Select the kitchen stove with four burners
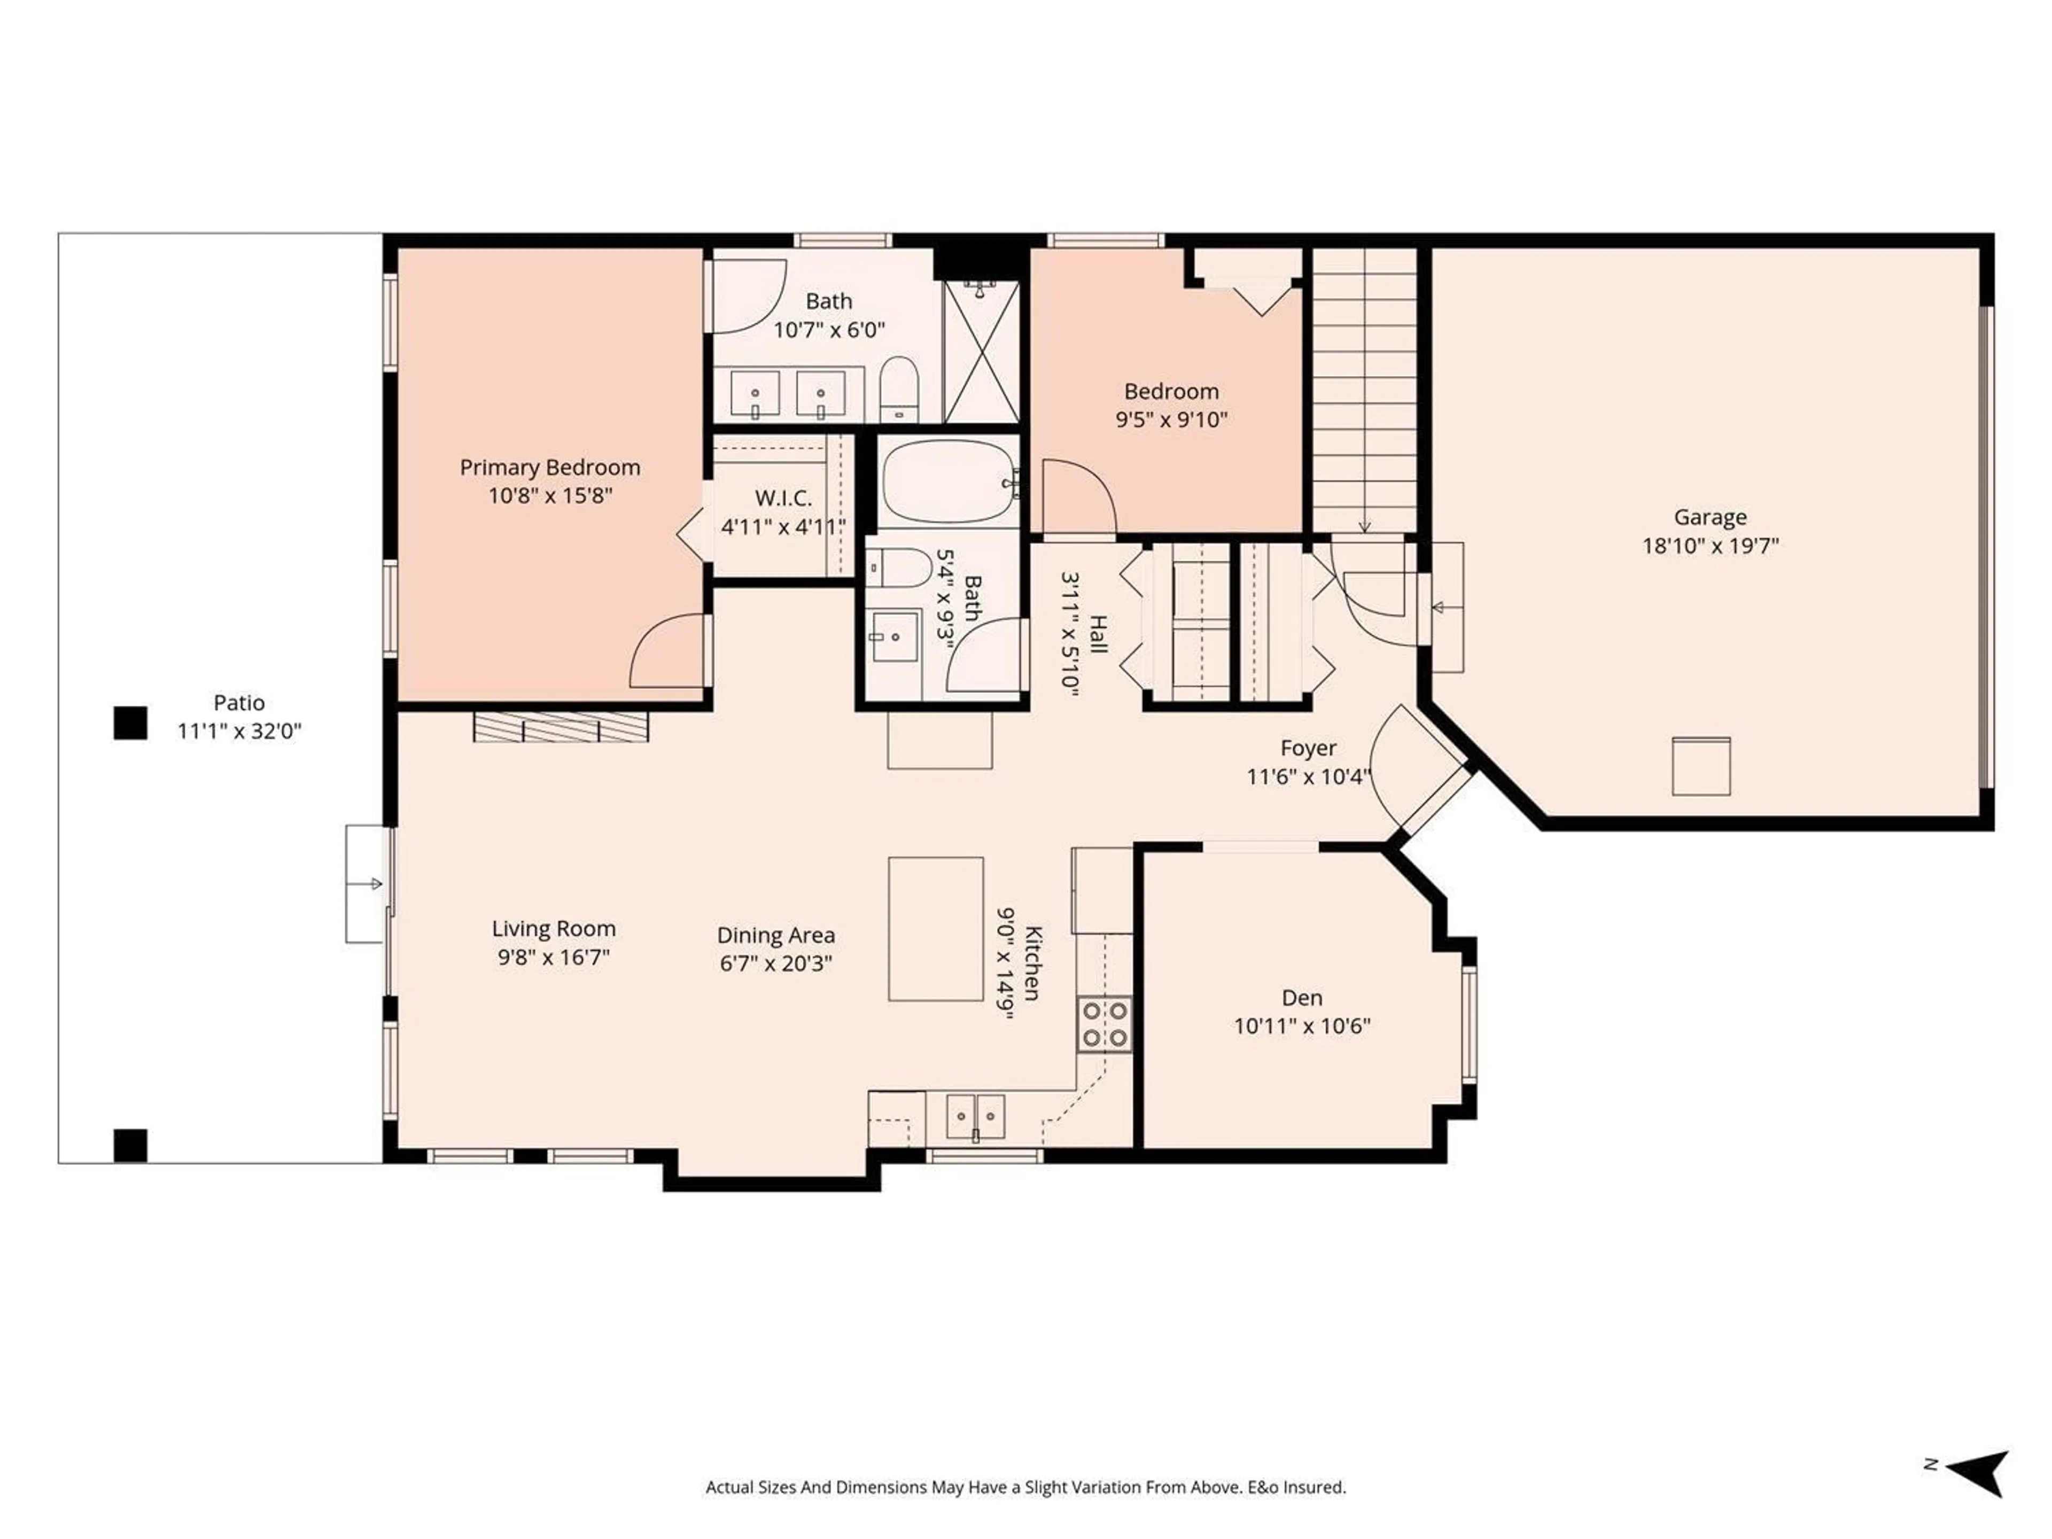[1104, 1023]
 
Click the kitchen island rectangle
[935, 929]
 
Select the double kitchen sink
[975, 1116]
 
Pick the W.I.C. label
[783, 498]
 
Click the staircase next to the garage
[1364, 390]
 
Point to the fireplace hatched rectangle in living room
[561, 726]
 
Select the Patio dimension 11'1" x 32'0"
[239, 731]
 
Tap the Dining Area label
[775, 935]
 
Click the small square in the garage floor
[1700, 766]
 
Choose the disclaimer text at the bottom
[1025, 1487]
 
